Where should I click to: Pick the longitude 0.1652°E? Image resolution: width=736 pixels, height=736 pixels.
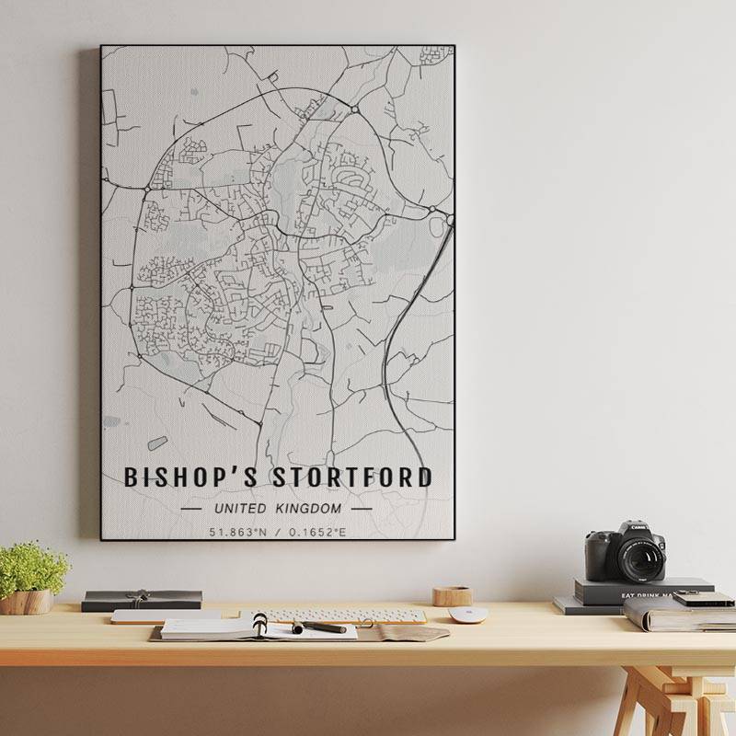pyautogui.click(x=317, y=532)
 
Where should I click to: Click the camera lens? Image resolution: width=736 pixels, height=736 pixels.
pyautogui.click(x=640, y=558)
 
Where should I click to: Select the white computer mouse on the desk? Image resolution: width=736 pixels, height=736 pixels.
pyautogui.click(x=467, y=615)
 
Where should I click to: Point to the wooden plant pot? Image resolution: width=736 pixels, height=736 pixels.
pyautogui.click(x=27, y=602)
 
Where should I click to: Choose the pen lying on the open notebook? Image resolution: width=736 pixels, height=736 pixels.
pyautogui.click(x=319, y=627)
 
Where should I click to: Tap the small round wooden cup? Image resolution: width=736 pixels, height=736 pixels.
pyautogui.click(x=452, y=596)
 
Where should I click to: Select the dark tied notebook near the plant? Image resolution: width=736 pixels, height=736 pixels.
pyautogui.click(x=141, y=600)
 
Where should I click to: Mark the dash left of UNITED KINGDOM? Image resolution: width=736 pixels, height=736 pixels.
pyautogui.click(x=192, y=508)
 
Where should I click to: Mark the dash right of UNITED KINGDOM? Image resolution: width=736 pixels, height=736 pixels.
pyautogui.click(x=362, y=508)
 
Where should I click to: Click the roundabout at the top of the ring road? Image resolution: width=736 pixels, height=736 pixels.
pyautogui.click(x=354, y=110)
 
